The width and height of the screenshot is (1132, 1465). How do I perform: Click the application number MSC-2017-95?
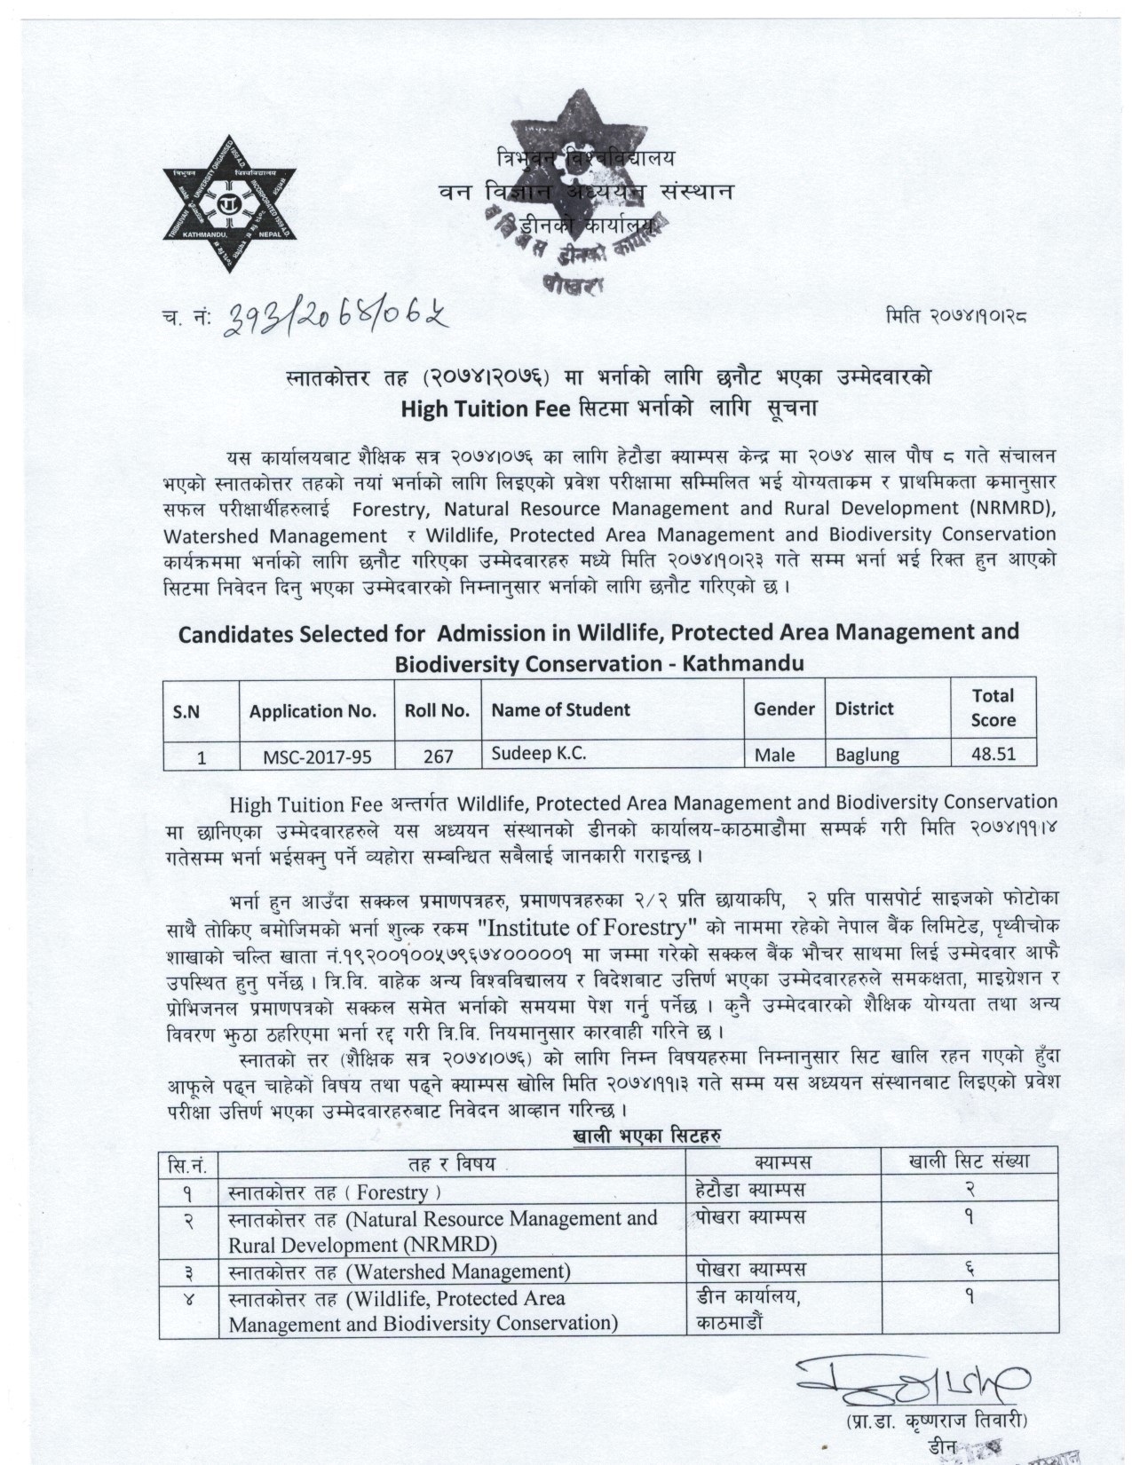[x=317, y=756]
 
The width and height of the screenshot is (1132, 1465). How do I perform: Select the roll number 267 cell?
[x=438, y=756]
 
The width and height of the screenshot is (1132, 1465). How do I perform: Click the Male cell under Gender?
[x=774, y=755]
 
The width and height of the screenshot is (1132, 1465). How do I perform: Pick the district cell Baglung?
[x=867, y=755]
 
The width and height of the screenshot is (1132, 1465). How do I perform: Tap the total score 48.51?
[x=993, y=754]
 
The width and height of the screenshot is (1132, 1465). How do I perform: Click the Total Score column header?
[x=993, y=708]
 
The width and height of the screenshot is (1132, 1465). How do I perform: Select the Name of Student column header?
[x=560, y=709]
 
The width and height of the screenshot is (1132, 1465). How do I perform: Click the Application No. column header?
[x=313, y=710]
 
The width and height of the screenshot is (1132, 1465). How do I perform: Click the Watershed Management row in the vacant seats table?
[x=399, y=1271]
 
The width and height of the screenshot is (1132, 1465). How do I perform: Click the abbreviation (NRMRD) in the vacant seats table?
[x=451, y=1244]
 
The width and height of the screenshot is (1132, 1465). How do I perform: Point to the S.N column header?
[x=186, y=710]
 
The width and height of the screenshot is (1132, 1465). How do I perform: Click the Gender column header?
[x=784, y=709]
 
